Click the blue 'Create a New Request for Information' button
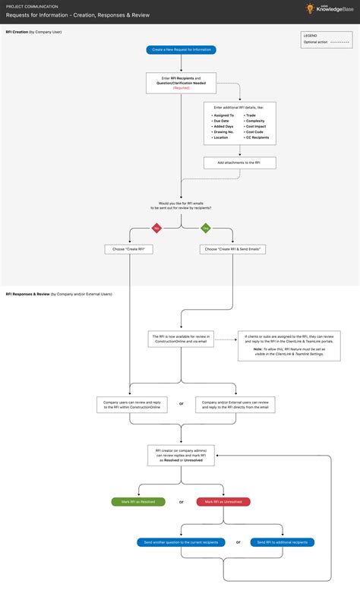pyautogui.click(x=181, y=50)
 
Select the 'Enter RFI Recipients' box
pyautogui.click(x=181, y=82)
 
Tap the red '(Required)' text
pyautogui.click(x=181, y=88)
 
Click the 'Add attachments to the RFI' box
pyautogui.click(x=239, y=163)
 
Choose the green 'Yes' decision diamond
pyautogui.click(x=205, y=227)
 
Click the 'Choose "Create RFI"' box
pyautogui.click(x=129, y=249)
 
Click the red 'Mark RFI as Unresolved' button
pyautogui.click(x=223, y=502)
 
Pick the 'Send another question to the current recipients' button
pyautogui.click(x=181, y=542)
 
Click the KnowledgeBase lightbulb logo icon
pyautogui.click(x=310, y=8)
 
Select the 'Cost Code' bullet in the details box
pyautogui.click(x=254, y=131)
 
